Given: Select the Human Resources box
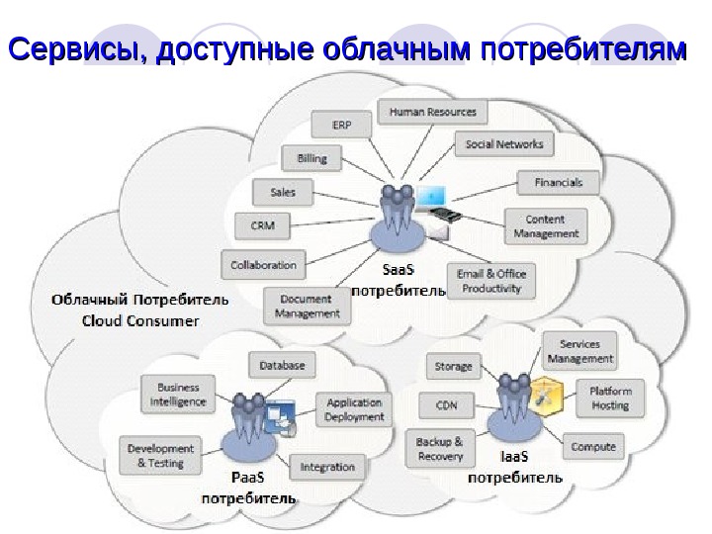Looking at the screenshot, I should (432, 112).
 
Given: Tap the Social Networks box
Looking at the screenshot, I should (504, 144).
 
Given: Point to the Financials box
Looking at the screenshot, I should (558, 183).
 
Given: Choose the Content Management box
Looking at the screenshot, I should (545, 226).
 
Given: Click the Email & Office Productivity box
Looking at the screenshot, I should (491, 281).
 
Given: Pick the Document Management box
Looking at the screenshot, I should (306, 307).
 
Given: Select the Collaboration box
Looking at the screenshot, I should (263, 265).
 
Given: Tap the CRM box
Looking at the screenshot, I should (262, 226).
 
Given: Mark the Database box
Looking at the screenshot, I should (282, 366).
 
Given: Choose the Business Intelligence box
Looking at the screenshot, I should (178, 395).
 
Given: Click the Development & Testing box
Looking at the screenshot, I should (160, 456).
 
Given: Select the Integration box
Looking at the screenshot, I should (327, 467).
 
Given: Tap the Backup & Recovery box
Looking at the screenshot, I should (440, 449).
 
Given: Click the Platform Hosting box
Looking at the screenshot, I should (609, 399).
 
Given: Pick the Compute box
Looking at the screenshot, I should (593, 447).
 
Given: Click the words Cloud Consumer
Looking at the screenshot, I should (140, 320).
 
